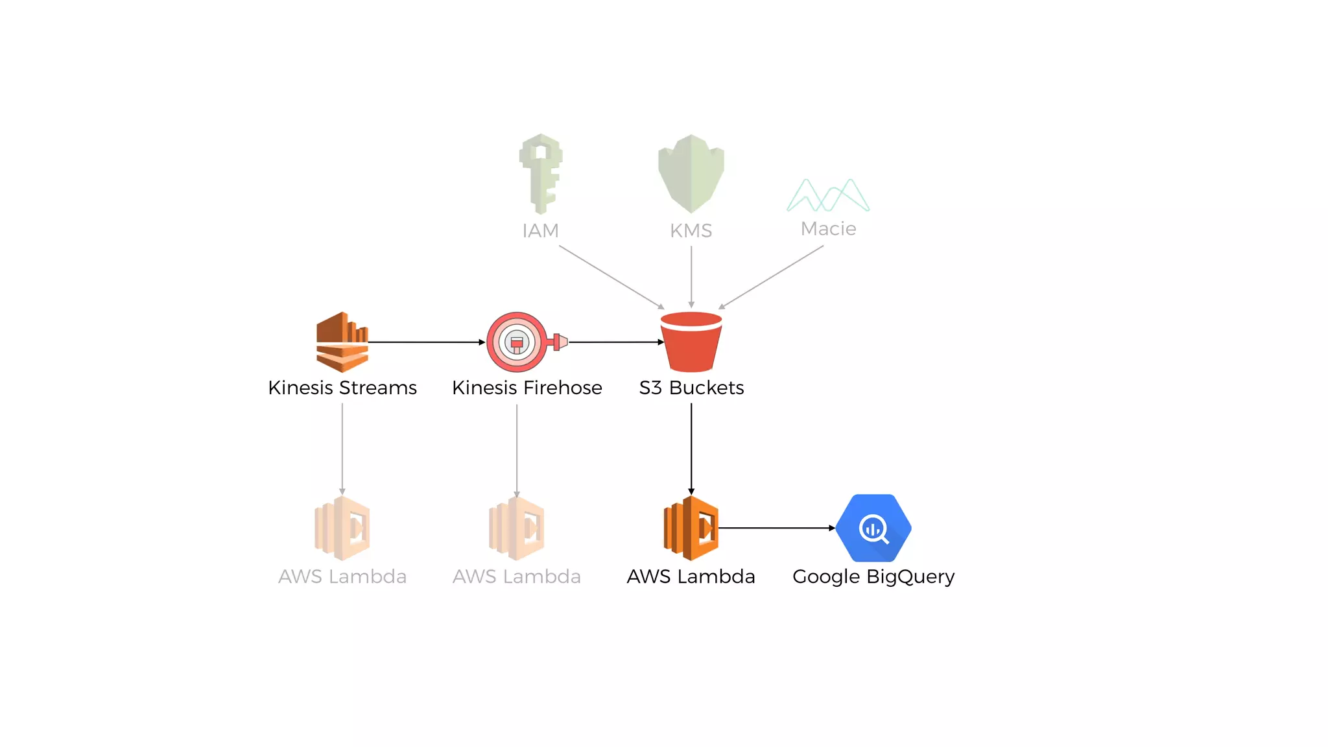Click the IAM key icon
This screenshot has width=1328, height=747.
pyautogui.click(x=540, y=173)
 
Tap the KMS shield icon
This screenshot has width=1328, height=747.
pyautogui.click(x=691, y=173)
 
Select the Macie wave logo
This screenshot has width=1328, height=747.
pyautogui.click(x=828, y=195)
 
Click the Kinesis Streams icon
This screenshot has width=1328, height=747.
pyautogui.click(x=342, y=342)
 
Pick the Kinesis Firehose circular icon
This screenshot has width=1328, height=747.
pyautogui.click(x=517, y=342)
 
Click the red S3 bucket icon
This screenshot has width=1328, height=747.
pyautogui.click(x=691, y=342)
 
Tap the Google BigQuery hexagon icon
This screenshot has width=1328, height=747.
pyautogui.click(x=873, y=528)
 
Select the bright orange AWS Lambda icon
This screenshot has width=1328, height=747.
pyautogui.click(x=691, y=528)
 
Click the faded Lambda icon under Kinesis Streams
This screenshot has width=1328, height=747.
pyautogui.click(x=342, y=528)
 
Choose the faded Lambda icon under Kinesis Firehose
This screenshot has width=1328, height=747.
pyautogui.click(x=517, y=528)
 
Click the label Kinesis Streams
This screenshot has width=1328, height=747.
pyautogui.click(x=342, y=388)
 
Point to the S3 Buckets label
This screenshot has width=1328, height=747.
pyautogui.click(x=691, y=388)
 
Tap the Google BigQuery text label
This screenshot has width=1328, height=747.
pyautogui.click(x=873, y=576)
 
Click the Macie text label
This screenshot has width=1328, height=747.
pyautogui.click(x=828, y=229)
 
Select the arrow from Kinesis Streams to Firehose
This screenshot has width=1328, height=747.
pyautogui.click(x=426, y=342)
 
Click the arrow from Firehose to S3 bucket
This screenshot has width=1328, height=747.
pyautogui.click(x=616, y=342)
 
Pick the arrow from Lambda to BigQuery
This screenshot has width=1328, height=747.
pyautogui.click(x=776, y=528)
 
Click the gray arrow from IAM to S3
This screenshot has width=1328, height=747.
pyautogui.click(x=611, y=277)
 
